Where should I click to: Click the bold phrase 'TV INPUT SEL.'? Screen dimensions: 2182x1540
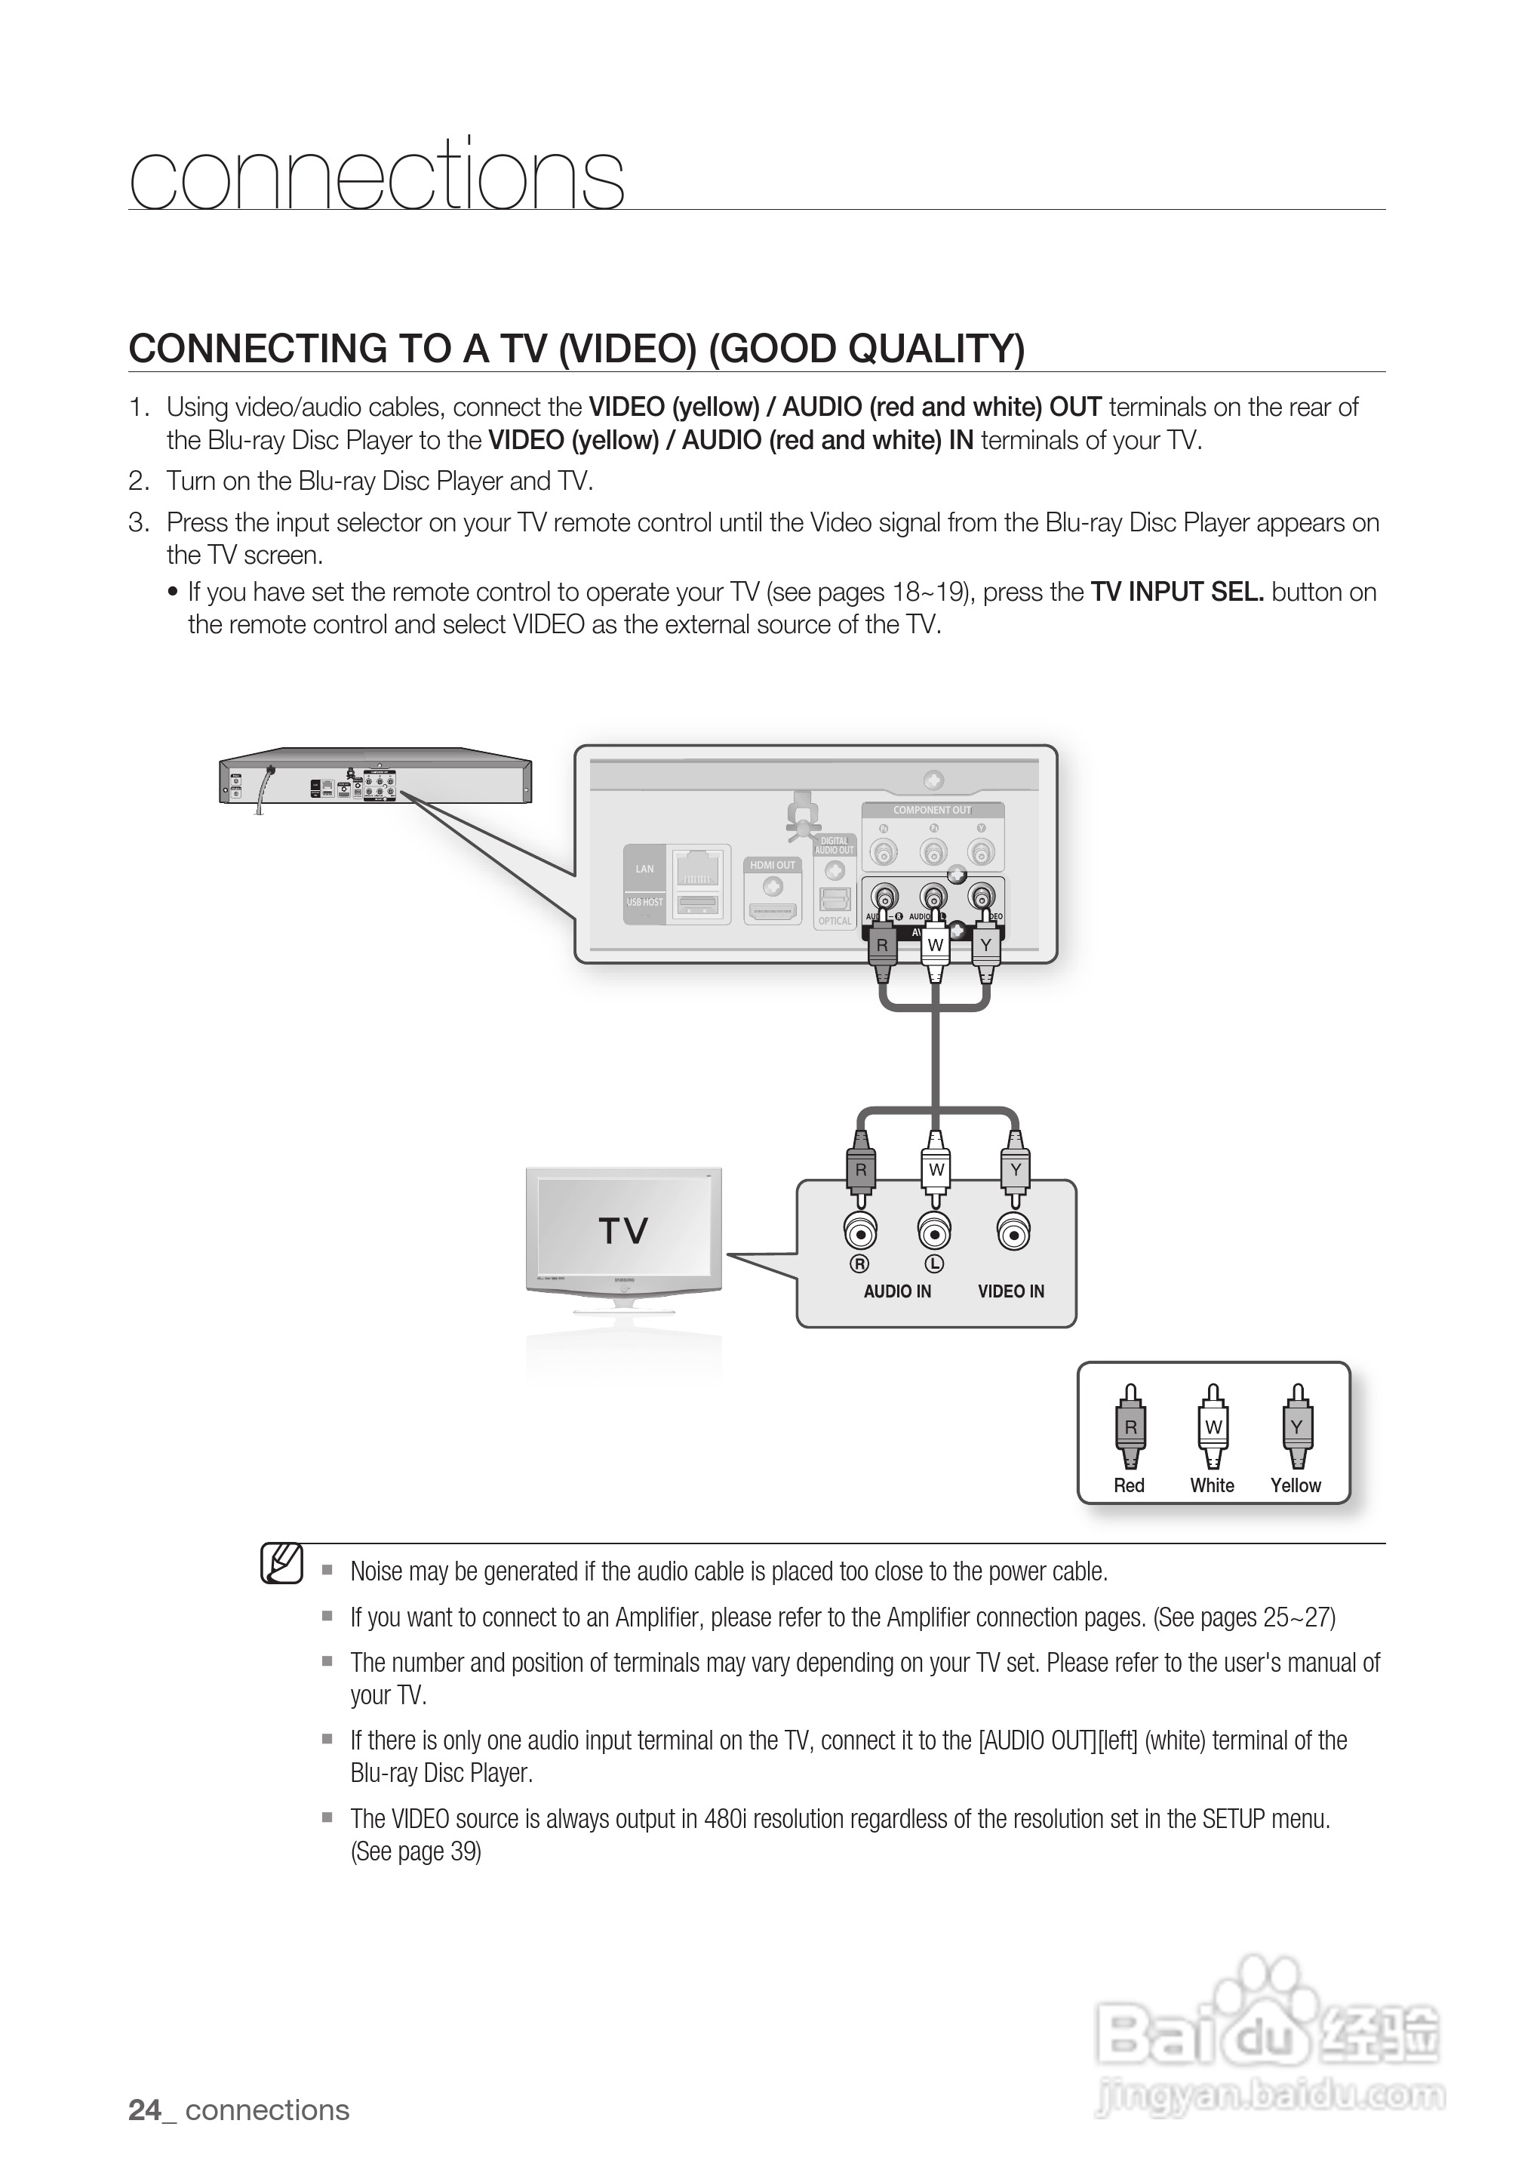[1177, 592]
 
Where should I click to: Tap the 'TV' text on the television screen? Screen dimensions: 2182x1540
[623, 1232]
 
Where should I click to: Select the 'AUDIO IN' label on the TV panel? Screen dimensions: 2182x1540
[897, 1291]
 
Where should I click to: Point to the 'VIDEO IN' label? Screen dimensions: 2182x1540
[1011, 1291]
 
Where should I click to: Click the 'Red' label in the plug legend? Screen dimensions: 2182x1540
[1129, 1485]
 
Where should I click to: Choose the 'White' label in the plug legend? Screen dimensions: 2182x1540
[1213, 1485]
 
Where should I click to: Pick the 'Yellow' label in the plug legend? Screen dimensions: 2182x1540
[1296, 1485]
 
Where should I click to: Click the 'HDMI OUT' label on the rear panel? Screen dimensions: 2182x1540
[773, 865]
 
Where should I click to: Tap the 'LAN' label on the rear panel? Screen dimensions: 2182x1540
[645, 869]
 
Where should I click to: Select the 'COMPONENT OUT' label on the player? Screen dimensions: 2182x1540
[932, 811]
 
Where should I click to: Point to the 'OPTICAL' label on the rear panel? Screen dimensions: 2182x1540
[835, 921]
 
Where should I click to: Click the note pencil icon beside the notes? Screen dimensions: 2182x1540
[282, 1563]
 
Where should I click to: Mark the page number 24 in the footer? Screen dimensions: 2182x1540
[144, 2110]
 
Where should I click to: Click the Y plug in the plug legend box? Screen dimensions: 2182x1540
[1297, 1427]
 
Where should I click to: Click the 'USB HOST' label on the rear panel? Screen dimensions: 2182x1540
[645, 902]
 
